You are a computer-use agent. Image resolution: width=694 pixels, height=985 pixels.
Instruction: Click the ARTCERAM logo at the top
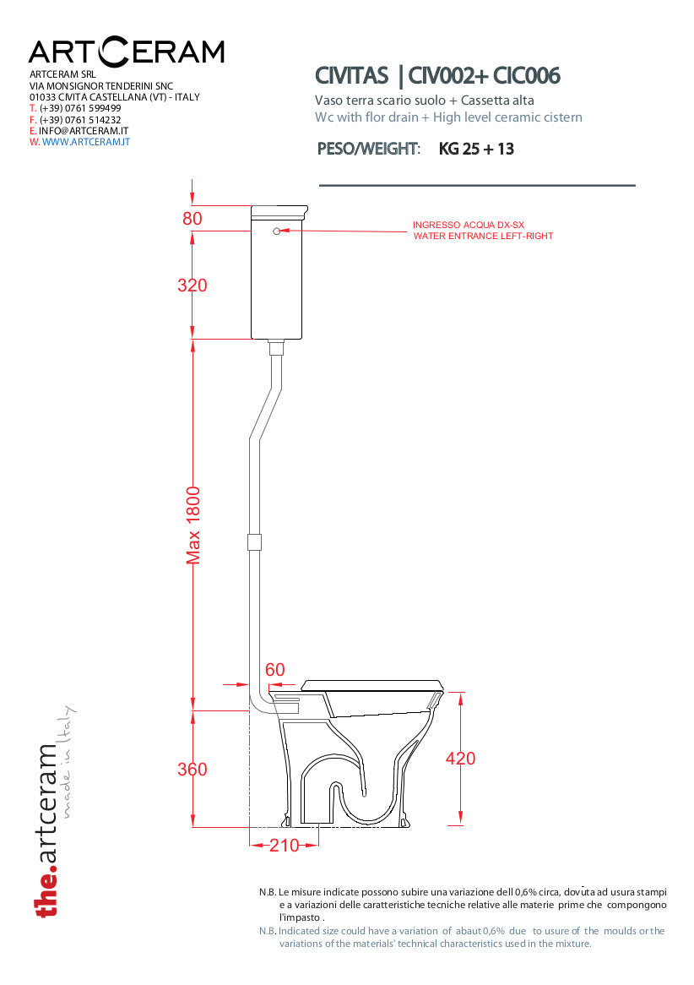[127, 52]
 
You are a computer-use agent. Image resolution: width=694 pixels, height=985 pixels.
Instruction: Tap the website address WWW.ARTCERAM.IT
[86, 142]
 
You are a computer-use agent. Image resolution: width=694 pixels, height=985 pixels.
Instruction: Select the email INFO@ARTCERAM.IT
[84, 131]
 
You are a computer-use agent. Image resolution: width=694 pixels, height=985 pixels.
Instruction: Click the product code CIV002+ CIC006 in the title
[484, 75]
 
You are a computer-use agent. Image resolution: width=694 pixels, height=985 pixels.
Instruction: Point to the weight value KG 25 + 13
[476, 149]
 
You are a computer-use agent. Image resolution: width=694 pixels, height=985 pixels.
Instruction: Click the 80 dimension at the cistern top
[192, 218]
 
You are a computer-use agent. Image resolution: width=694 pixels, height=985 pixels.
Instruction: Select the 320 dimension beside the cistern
[192, 286]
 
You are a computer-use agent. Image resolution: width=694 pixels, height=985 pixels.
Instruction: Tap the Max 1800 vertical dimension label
[192, 525]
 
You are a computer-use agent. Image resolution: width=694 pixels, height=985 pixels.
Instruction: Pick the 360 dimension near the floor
[192, 769]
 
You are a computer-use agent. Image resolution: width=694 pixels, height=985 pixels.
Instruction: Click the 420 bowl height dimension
[460, 759]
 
